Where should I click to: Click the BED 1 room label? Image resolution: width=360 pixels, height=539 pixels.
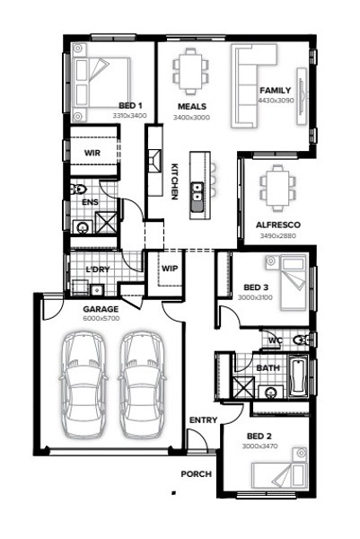[130, 105]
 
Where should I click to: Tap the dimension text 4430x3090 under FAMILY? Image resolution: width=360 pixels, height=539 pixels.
[276, 101]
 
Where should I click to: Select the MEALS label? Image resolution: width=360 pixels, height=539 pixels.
[192, 107]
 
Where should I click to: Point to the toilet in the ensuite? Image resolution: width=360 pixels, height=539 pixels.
[79, 189]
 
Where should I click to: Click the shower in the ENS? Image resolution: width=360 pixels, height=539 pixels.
[106, 223]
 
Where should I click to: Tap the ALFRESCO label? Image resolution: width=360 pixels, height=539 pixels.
[278, 225]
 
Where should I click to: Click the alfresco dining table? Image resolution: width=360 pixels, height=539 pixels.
[277, 188]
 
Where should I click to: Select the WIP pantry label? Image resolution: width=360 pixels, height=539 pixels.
[170, 269]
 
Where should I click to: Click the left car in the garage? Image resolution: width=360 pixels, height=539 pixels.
[83, 385]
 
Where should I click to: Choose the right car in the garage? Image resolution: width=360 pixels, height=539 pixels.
[142, 385]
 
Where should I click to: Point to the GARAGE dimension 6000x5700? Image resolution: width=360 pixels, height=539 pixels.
[101, 318]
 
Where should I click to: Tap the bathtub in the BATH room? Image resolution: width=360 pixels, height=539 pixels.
[298, 377]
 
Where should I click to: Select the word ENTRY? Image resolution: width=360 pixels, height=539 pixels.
[204, 420]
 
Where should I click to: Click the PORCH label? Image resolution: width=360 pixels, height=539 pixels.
[196, 474]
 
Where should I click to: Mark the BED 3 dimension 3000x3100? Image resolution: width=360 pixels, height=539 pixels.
[255, 297]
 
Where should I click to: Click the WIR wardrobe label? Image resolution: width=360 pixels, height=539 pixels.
[92, 153]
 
